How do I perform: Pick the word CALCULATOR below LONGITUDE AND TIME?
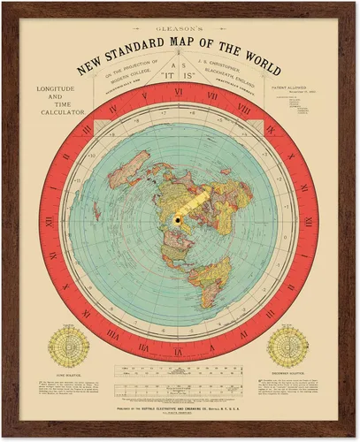pyautogui.click(x=59, y=113)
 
